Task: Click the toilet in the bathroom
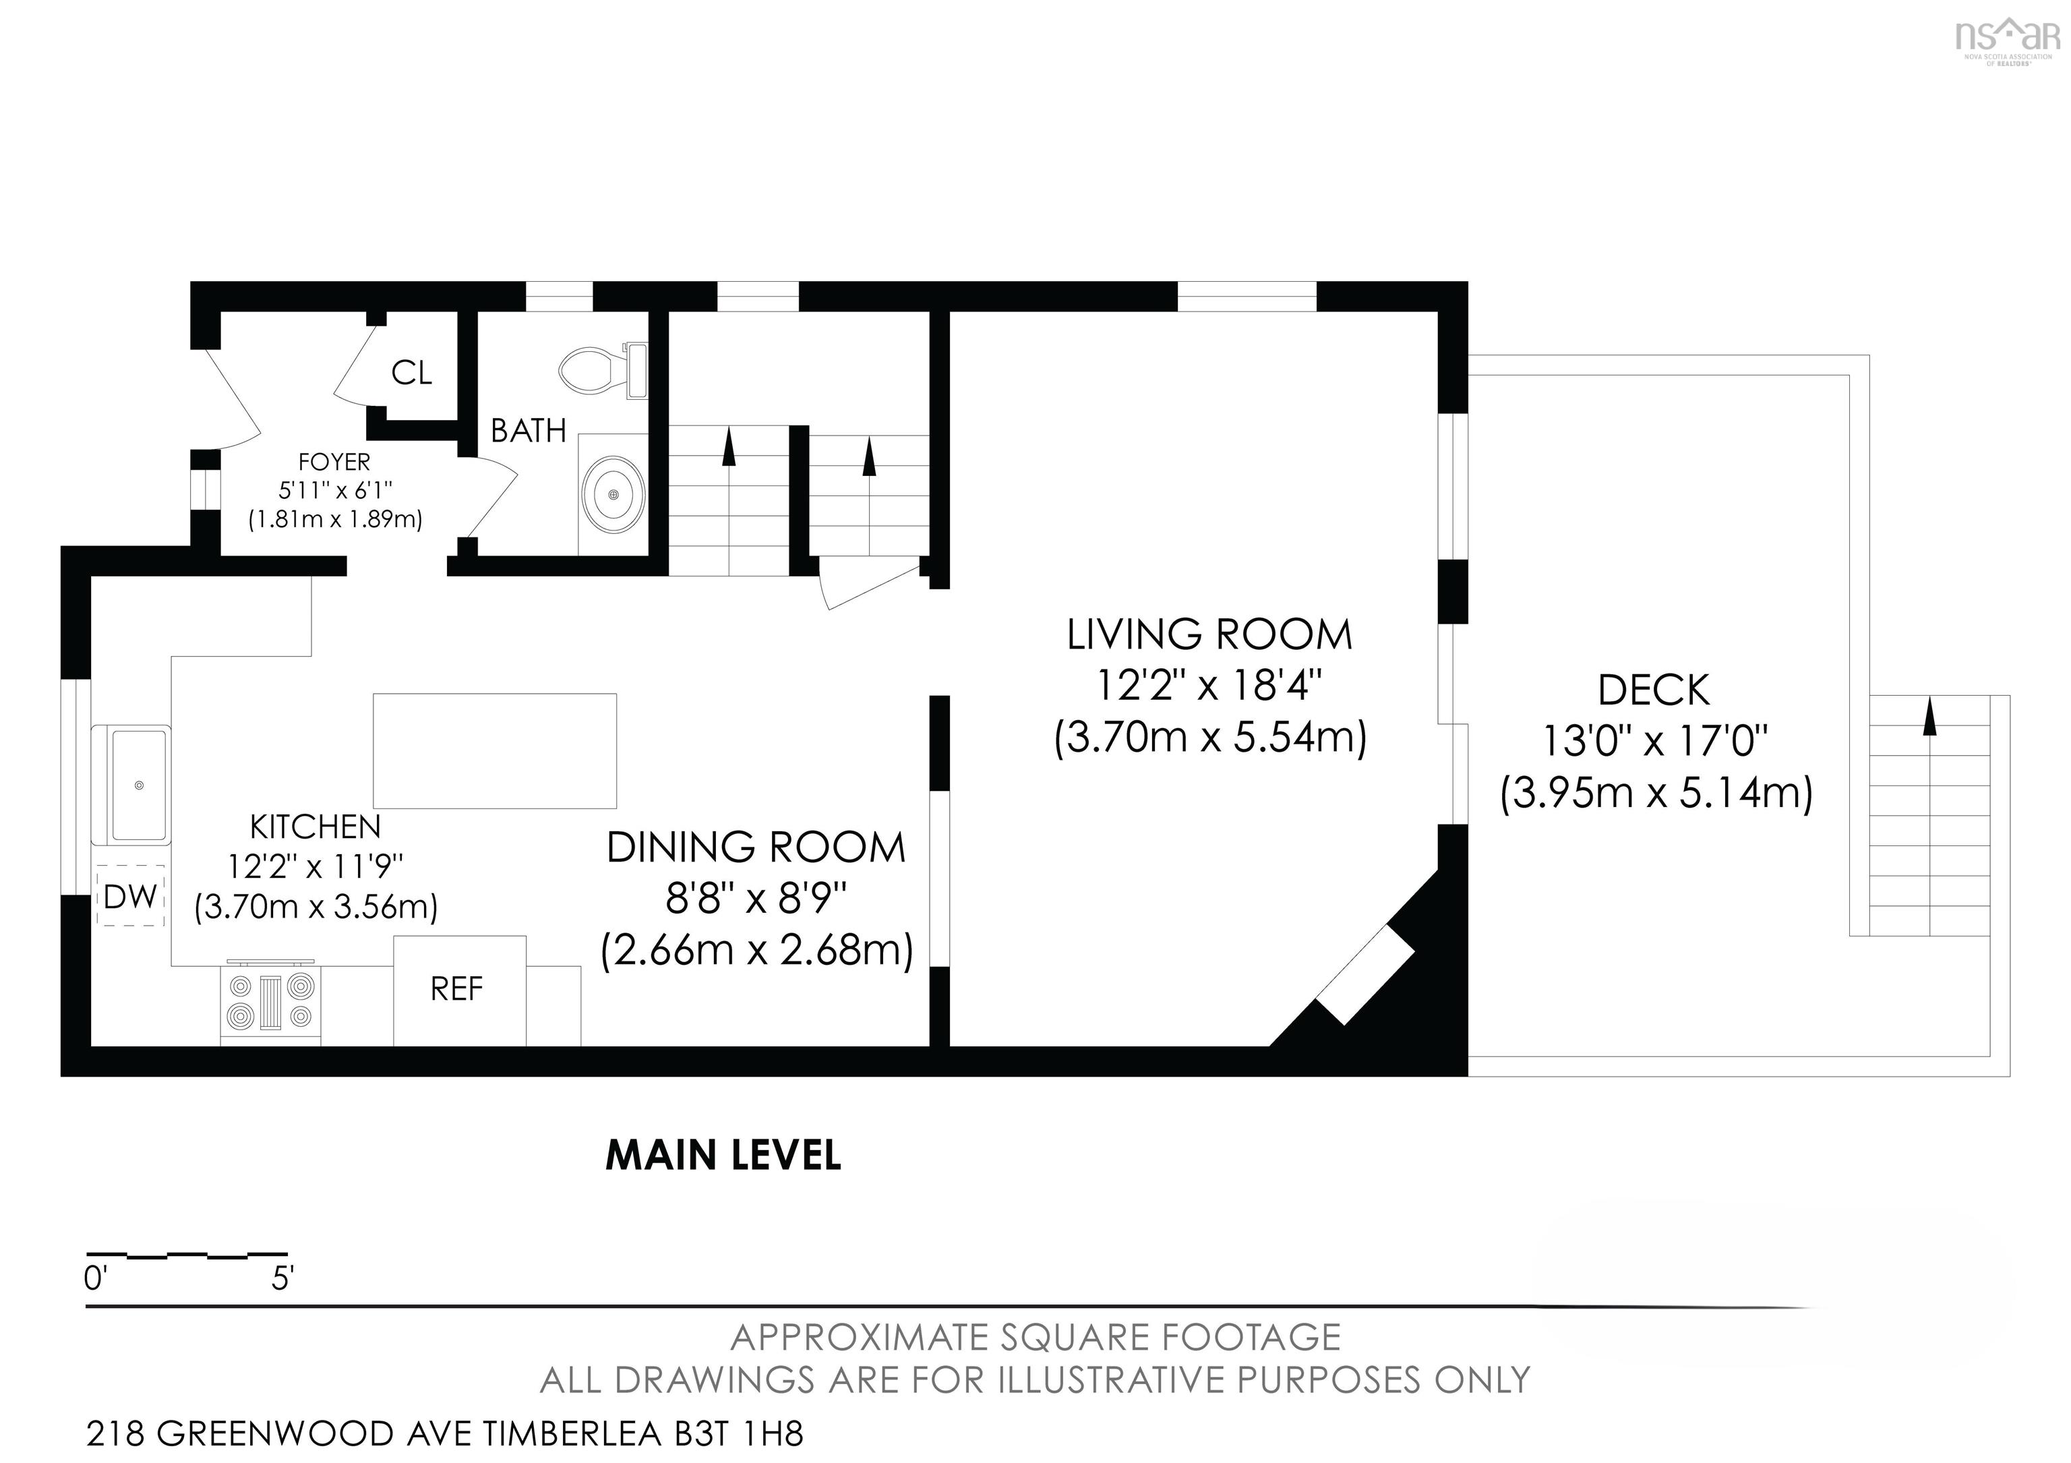click(603, 371)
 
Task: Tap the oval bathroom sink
click(613, 495)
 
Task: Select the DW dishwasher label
click(131, 897)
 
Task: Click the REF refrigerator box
click(459, 990)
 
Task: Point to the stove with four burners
click(270, 1002)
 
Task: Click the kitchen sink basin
click(139, 785)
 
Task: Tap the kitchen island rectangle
click(494, 750)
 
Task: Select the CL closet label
click(411, 373)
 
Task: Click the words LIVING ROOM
click(1209, 635)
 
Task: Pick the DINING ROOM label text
click(756, 848)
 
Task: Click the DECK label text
click(1654, 691)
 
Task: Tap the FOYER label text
click(334, 462)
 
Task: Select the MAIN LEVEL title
click(723, 1156)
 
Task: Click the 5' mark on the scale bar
click(282, 1278)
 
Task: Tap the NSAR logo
click(2008, 40)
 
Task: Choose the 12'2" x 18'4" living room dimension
click(1209, 686)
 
